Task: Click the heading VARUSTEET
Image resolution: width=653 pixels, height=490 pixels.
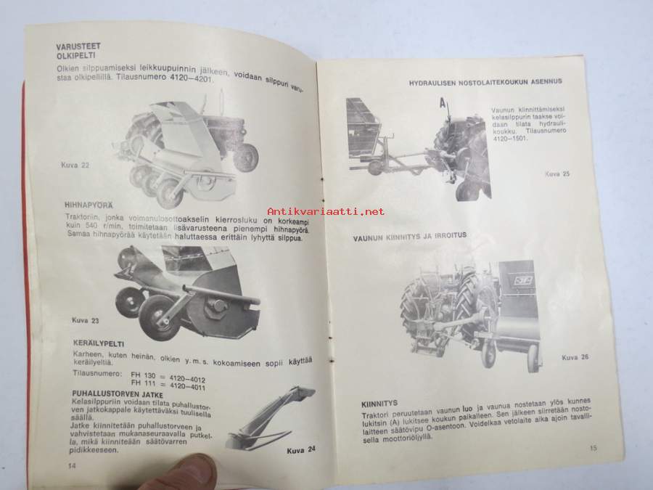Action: point(78,46)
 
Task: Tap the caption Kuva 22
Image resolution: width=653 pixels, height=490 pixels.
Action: point(75,165)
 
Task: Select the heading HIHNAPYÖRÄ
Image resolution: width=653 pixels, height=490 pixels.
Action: point(89,205)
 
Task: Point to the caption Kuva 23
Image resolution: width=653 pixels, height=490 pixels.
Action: point(86,320)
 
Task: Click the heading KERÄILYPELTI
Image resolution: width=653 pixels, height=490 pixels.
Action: point(98,344)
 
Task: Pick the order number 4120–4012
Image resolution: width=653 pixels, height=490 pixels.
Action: point(187,379)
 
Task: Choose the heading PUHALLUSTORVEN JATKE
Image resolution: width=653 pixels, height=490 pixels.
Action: point(118,394)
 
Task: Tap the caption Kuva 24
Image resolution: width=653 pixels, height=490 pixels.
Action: point(301,450)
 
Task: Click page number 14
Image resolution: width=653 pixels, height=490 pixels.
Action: point(72,466)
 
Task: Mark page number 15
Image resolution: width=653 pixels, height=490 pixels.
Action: point(594,449)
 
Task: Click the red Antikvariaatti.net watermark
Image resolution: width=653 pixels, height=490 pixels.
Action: point(326,212)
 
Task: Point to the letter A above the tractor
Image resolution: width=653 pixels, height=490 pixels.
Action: point(443,102)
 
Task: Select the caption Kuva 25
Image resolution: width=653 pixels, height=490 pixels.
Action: point(557,173)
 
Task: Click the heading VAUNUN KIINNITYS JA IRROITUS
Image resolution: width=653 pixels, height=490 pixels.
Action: point(410,237)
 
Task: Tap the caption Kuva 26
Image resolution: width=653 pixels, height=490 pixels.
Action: point(575,357)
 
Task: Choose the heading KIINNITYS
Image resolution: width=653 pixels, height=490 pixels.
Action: point(379,404)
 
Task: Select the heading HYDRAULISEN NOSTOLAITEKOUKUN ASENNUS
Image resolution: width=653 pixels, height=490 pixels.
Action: point(485,82)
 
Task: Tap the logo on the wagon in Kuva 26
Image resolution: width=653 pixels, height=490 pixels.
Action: point(523,280)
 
